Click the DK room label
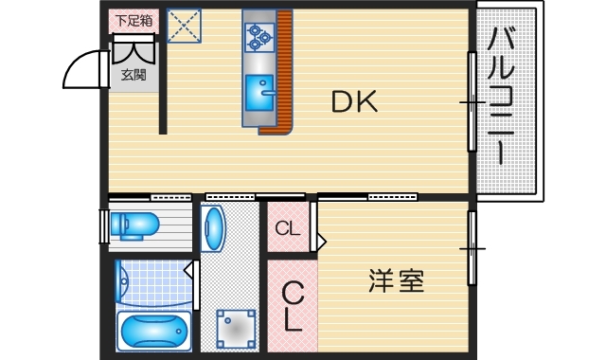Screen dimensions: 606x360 coord(354,101)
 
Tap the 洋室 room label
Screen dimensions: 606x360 coord(395,281)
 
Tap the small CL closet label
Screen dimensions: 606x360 coord(288,228)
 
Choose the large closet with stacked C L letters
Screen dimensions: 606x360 coord(293,305)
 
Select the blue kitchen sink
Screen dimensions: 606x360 coord(257,93)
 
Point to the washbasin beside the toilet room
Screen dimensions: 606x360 coord(213,229)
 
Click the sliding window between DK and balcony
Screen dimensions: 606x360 coord(472,101)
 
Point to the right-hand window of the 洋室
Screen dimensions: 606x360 coord(472,248)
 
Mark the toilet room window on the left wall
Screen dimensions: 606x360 coord(103,226)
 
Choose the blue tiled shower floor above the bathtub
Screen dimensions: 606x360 coord(151,282)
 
